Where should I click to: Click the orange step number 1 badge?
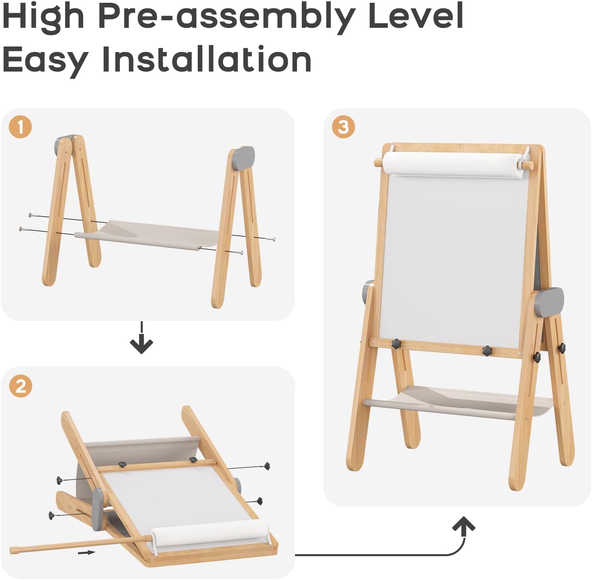pos(20,127)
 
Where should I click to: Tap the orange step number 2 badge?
pos(21,386)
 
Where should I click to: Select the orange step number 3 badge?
pos(343,127)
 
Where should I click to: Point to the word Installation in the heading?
pos(207,59)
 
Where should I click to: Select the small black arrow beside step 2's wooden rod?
pos(86,552)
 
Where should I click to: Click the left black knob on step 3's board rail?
pos(396,343)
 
